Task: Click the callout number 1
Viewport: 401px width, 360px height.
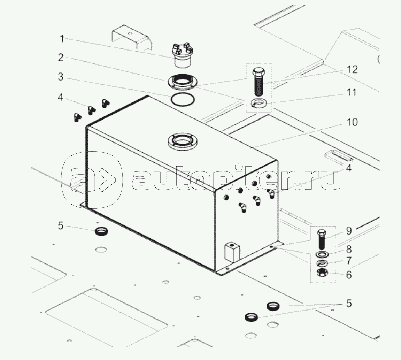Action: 62,39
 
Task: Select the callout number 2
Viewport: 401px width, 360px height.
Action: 61,58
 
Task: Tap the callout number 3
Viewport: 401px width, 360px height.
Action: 61,77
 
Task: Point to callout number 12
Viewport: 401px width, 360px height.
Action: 352,70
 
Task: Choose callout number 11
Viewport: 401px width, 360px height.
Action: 352,92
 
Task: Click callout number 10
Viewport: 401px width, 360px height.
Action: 352,122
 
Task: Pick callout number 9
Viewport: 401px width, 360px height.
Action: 349,231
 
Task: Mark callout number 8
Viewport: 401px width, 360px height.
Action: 349,249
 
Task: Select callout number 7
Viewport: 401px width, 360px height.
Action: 349,261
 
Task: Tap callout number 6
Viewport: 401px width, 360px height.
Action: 349,275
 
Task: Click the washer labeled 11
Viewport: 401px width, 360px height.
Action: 259,103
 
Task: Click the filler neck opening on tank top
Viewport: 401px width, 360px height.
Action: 182,141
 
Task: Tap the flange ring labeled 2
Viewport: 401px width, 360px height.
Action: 182,82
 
